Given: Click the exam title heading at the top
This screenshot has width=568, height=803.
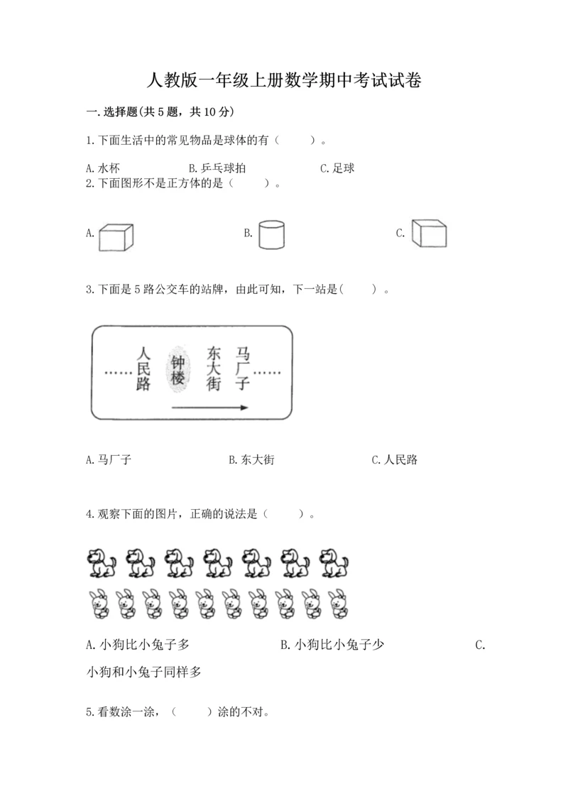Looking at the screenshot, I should pos(284,80).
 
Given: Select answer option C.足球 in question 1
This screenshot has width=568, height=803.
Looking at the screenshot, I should pos(337,168).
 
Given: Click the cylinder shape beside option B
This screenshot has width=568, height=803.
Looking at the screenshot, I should pos(271,234).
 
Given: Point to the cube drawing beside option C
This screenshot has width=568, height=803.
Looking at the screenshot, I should pos(430,234).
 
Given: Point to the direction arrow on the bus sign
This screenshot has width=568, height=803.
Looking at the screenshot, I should pos(209,408).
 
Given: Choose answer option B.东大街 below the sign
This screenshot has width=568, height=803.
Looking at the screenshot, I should pos(251,460).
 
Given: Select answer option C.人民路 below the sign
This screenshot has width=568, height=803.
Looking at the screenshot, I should pos(395,460).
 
